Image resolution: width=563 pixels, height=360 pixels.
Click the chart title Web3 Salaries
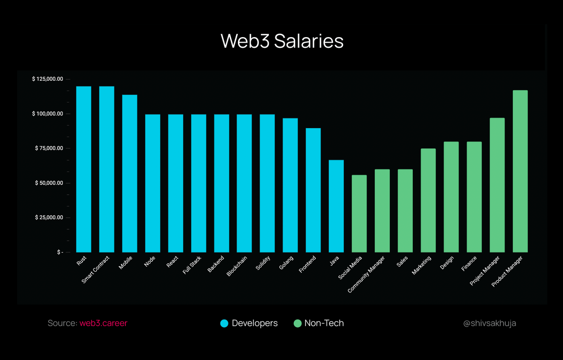pos(282,41)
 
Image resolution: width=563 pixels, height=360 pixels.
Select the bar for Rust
pos(84,169)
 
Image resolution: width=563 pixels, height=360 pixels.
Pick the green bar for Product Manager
pos(520,171)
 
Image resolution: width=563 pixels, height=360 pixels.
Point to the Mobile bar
pos(129,173)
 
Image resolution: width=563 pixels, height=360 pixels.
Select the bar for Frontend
pos(313,190)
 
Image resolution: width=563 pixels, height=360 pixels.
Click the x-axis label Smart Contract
pos(96,269)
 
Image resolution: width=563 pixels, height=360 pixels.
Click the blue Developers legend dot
pos(224,323)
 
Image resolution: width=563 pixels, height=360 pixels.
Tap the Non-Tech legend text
pos(324,323)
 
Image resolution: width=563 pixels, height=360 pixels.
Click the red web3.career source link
pos(103,323)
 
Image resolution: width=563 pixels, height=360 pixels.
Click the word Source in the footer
pos(62,323)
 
